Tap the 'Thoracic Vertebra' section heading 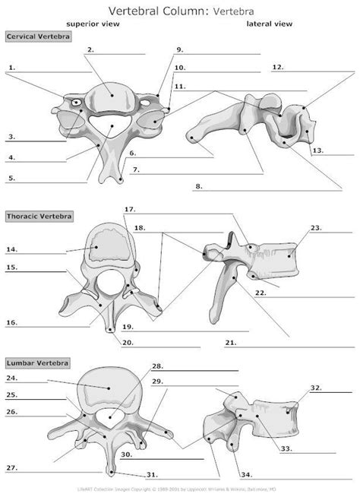tap(39, 217)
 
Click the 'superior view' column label tap(87, 24)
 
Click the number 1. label tap(12, 67)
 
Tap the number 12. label tap(277, 67)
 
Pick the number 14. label tap(11, 249)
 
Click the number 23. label tap(316, 227)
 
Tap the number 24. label tap(11, 378)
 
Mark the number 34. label tap(246, 475)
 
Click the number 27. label tap(11, 467)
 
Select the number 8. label tap(198, 185)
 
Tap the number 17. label tap(129, 209)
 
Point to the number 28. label tap(157, 366)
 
